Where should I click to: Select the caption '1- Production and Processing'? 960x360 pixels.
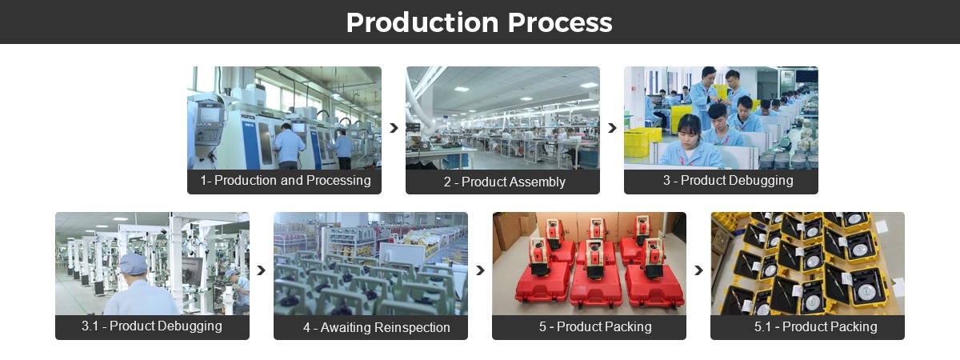pyautogui.click(x=285, y=181)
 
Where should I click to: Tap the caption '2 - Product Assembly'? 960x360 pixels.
pyautogui.click(x=503, y=182)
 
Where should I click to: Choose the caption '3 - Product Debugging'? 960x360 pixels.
pyautogui.click(x=727, y=181)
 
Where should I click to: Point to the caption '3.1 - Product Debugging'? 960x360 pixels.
pyautogui.click(x=152, y=326)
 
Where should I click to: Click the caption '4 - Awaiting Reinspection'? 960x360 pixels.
pyautogui.click(x=376, y=327)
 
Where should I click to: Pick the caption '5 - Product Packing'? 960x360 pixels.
pyautogui.click(x=594, y=326)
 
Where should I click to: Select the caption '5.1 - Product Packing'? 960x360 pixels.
pyautogui.click(x=815, y=326)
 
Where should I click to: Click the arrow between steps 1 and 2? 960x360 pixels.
pyautogui.click(x=394, y=128)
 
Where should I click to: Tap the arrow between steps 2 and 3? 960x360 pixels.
pyautogui.click(x=612, y=128)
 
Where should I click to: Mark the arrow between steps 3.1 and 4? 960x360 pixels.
pyautogui.click(x=261, y=270)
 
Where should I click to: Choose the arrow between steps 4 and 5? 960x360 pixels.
pyautogui.click(x=480, y=270)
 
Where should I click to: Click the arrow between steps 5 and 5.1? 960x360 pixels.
pyautogui.click(x=698, y=270)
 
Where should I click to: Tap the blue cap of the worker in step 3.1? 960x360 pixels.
pyautogui.click(x=133, y=263)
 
